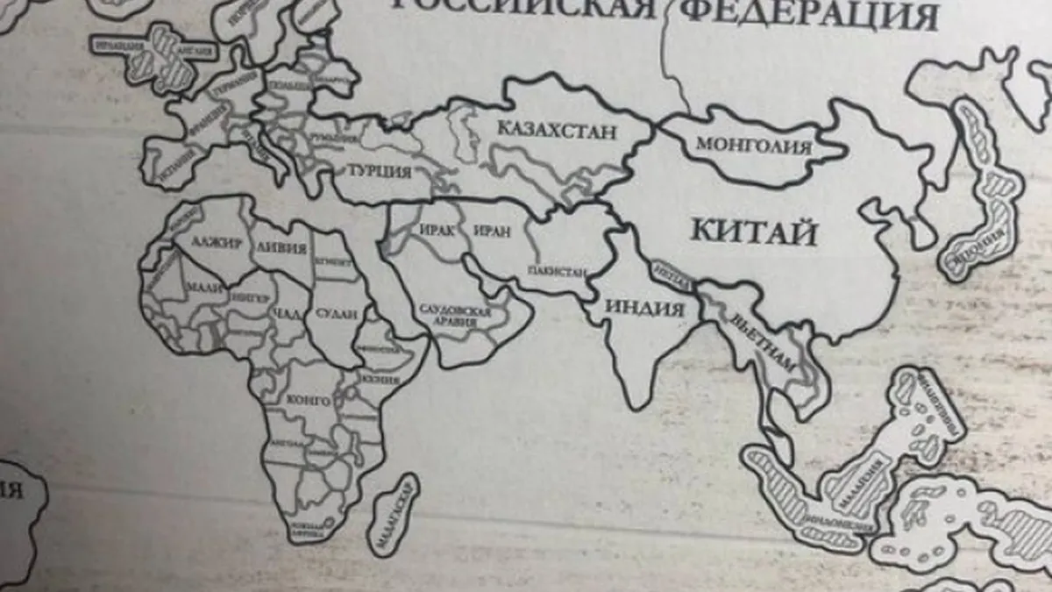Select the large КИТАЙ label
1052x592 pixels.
[x=754, y=233]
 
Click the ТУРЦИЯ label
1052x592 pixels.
[x=379, y=170]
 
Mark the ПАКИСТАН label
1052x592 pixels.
[x=556, y=271]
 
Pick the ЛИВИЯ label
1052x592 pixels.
[x=281, y=248]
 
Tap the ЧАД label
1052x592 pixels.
[x=285, y=314]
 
